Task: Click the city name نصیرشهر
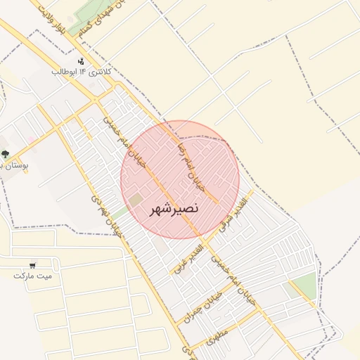pyautogui.click(x=174, y=209)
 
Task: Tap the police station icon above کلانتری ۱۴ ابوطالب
pyautogui.click(x=82, y=61)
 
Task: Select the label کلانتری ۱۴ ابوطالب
pyautogui.click(x=79, y=72)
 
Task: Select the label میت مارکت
pyautogui.click(x=33, y=274)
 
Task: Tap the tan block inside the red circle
pyautogui.click(x=135, y=200)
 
